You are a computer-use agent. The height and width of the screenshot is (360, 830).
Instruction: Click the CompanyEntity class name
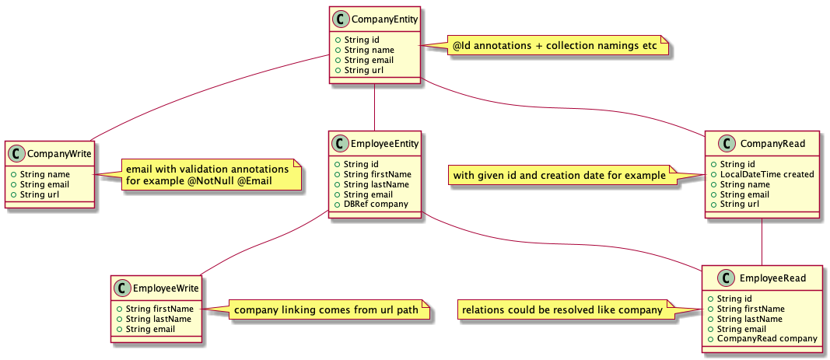tap(383, 18)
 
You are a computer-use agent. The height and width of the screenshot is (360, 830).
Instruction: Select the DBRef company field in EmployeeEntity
tap(366, 204)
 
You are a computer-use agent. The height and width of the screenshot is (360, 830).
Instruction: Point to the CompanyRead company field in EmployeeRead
tap(767, 338)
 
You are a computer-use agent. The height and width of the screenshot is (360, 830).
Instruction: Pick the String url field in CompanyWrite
tap(42, 194)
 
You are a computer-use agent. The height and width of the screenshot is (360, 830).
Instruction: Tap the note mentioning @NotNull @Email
tap(208, 176)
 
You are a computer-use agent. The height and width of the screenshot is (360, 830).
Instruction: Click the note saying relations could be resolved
tap(562, 310)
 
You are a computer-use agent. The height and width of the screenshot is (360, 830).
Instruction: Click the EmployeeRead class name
tap(772, 278)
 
